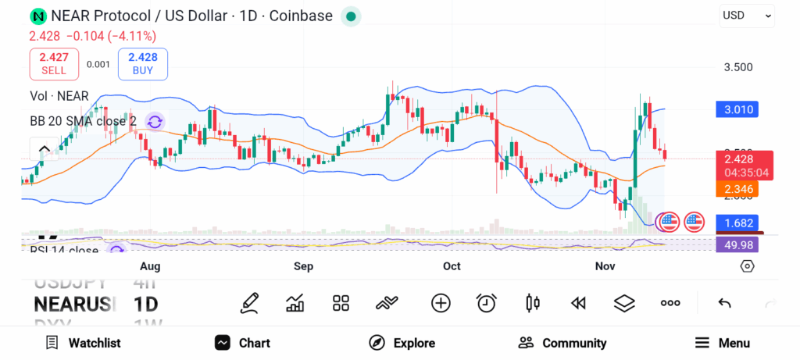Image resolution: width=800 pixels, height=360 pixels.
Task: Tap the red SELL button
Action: [x=54, y=63]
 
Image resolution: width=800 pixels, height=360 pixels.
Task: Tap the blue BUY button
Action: [x=143, y=63]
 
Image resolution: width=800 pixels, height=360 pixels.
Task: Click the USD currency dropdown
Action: [x=747, y=15]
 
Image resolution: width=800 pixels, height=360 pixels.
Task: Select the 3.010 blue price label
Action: [x=737, y=109]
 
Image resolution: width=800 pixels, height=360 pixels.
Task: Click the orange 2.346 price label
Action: [x=737, y=188]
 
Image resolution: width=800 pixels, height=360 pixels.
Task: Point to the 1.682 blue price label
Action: [x=737, y=223]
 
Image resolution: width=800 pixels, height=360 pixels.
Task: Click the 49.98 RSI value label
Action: [x=737, y=245]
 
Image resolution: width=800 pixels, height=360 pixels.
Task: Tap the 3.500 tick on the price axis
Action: [x=738, y=67]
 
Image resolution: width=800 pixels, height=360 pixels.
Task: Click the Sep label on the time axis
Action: [x=303, y=266]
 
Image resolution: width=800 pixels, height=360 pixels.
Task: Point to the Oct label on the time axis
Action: [x=452, y=266]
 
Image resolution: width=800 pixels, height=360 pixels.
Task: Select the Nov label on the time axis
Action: [x=605, y=266]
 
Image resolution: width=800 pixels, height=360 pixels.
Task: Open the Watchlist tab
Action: [x=83, y=343]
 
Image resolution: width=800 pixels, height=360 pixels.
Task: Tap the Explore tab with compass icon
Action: [x=402, y=343]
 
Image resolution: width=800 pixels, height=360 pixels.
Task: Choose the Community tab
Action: [x=562, y=343]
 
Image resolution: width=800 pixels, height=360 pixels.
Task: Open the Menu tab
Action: [x=722, y=343]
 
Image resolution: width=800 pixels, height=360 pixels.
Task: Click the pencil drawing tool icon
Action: [x=249, y=303]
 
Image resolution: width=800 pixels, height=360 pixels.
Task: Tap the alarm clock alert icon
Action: [x=487, y=303]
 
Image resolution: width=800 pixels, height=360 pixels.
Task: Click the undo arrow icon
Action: [x=724, y=303]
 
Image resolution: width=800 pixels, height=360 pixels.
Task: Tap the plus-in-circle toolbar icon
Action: [x=441, y=303]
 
